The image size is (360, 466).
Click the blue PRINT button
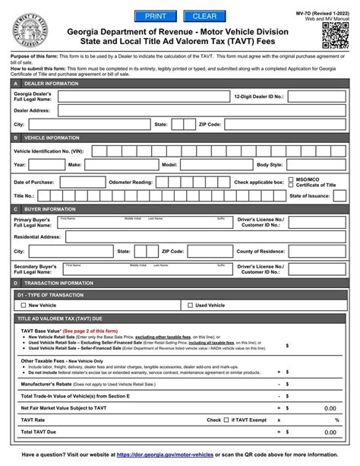pos(155,16)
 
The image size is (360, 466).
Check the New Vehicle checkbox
pos(24,305)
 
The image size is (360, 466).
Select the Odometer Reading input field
pos(189,182)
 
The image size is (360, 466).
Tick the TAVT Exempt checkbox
pos(227,419)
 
